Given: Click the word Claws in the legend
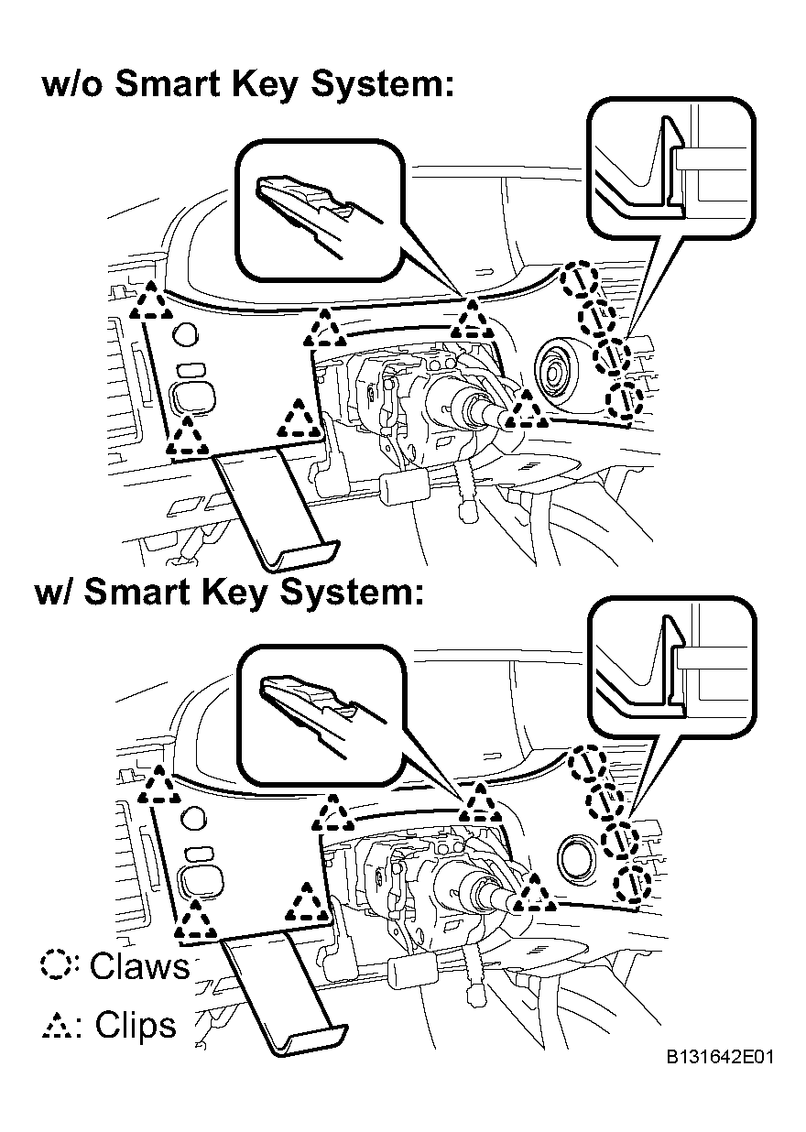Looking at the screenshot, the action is coord(139,965).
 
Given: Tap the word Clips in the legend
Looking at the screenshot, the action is coord(136,1024).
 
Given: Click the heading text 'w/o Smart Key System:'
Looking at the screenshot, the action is coord(247,84).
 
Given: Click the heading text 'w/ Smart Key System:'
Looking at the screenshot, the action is coord(228,592).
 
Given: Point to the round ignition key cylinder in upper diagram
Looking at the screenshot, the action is coord(559,372).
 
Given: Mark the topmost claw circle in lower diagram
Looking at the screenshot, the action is coord(588,765).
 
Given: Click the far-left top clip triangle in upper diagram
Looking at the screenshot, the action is coord(150,301).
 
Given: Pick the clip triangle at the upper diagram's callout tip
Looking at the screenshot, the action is coord(472,321).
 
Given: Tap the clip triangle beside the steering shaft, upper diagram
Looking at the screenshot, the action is coord(527,410).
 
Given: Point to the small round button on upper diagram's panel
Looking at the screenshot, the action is coord(185,334).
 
